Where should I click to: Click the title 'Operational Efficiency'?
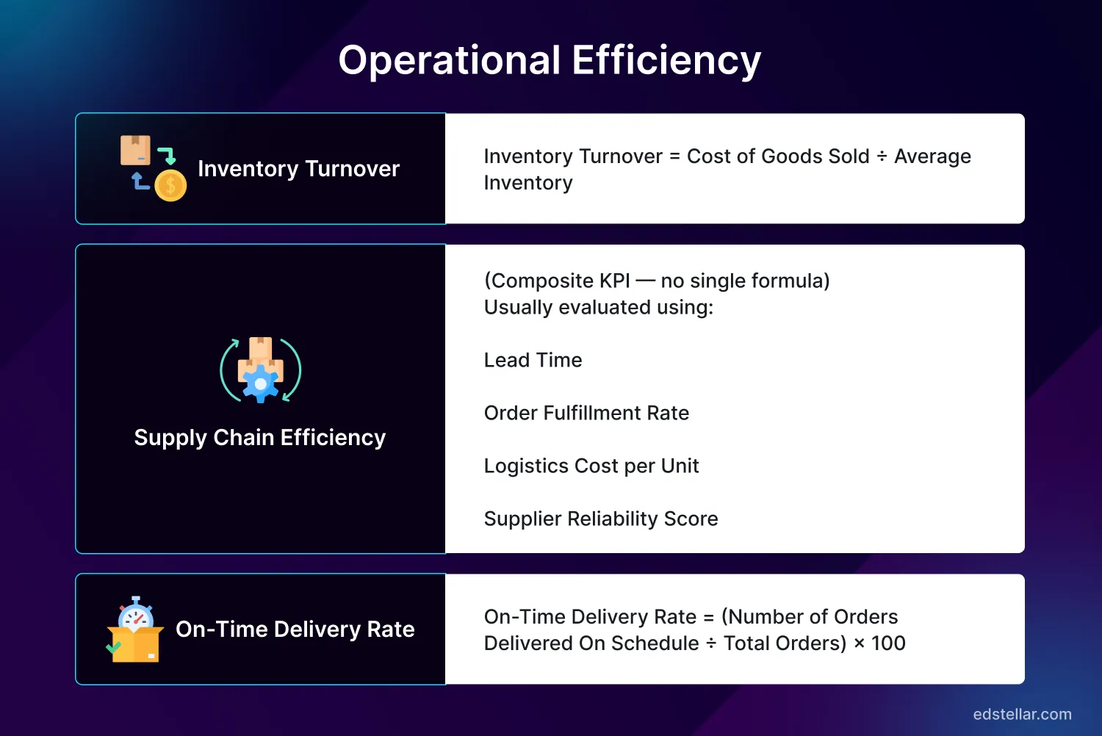pos(550,60)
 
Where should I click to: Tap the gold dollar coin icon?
pos(170,186)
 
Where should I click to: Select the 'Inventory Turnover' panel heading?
pos(298,169)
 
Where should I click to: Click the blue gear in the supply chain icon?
pos(260,384)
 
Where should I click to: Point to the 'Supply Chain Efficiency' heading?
pos(259,438)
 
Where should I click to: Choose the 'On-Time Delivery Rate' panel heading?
pos(295,629)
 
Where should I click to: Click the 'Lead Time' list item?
pos(533,360)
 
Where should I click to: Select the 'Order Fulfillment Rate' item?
pos(586,413)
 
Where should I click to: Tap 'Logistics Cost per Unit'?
pos(591,466)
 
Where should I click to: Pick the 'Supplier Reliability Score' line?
pos(601,519)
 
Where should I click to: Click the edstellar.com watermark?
pos(1022,714)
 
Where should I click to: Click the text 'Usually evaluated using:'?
pos(599,307)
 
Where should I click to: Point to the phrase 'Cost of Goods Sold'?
pos(778,156)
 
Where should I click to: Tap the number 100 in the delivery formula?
pos(888,643)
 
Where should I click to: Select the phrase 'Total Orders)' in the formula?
pos(785,643)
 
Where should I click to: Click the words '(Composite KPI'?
pos(557,281)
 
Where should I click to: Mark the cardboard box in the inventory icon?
pos(135,150)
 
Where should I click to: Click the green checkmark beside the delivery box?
pos(113,647)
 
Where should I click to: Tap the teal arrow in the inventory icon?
pos(168,156)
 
